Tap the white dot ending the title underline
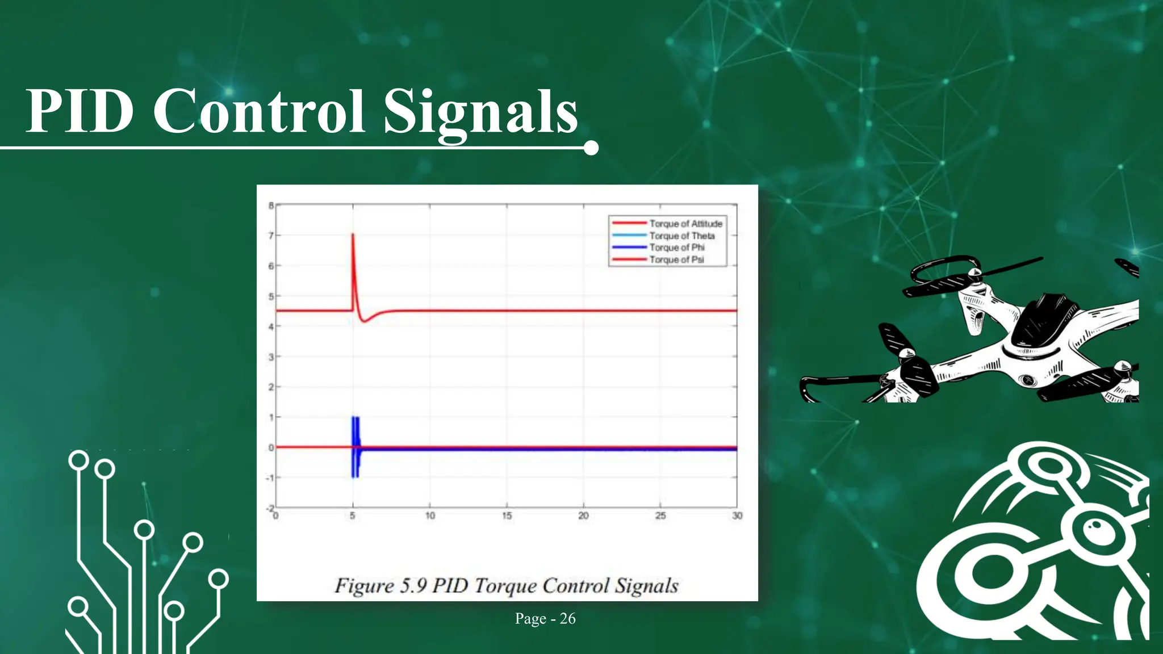[591, 148]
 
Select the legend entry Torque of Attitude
[685, 224]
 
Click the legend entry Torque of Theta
[681, 236]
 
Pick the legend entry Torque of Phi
[677, 248]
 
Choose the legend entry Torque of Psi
[676, 259]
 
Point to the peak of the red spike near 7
[353, 234]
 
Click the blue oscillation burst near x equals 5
[355, 447]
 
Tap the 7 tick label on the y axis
[271, 236]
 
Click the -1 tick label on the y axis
[270, 478]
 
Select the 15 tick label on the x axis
[507, 516]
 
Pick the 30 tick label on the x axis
[737, 516]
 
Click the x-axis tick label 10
[430, 516]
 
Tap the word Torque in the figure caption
[505, 585]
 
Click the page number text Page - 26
[545, 618]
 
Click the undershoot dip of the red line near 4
[365, 321]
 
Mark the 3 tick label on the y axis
[271, 357]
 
